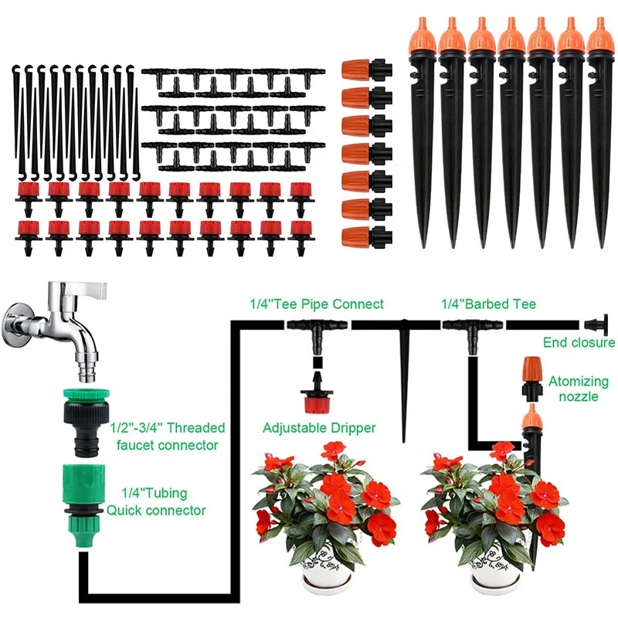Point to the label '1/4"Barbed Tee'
pyautogui.click(x=488, y=304)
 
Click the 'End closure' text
pyautogui.click(x=578, y=342)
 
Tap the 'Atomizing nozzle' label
pyautogui.click(x=573, y=389)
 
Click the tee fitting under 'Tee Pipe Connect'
pyautogui.click(x=316, y=329)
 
